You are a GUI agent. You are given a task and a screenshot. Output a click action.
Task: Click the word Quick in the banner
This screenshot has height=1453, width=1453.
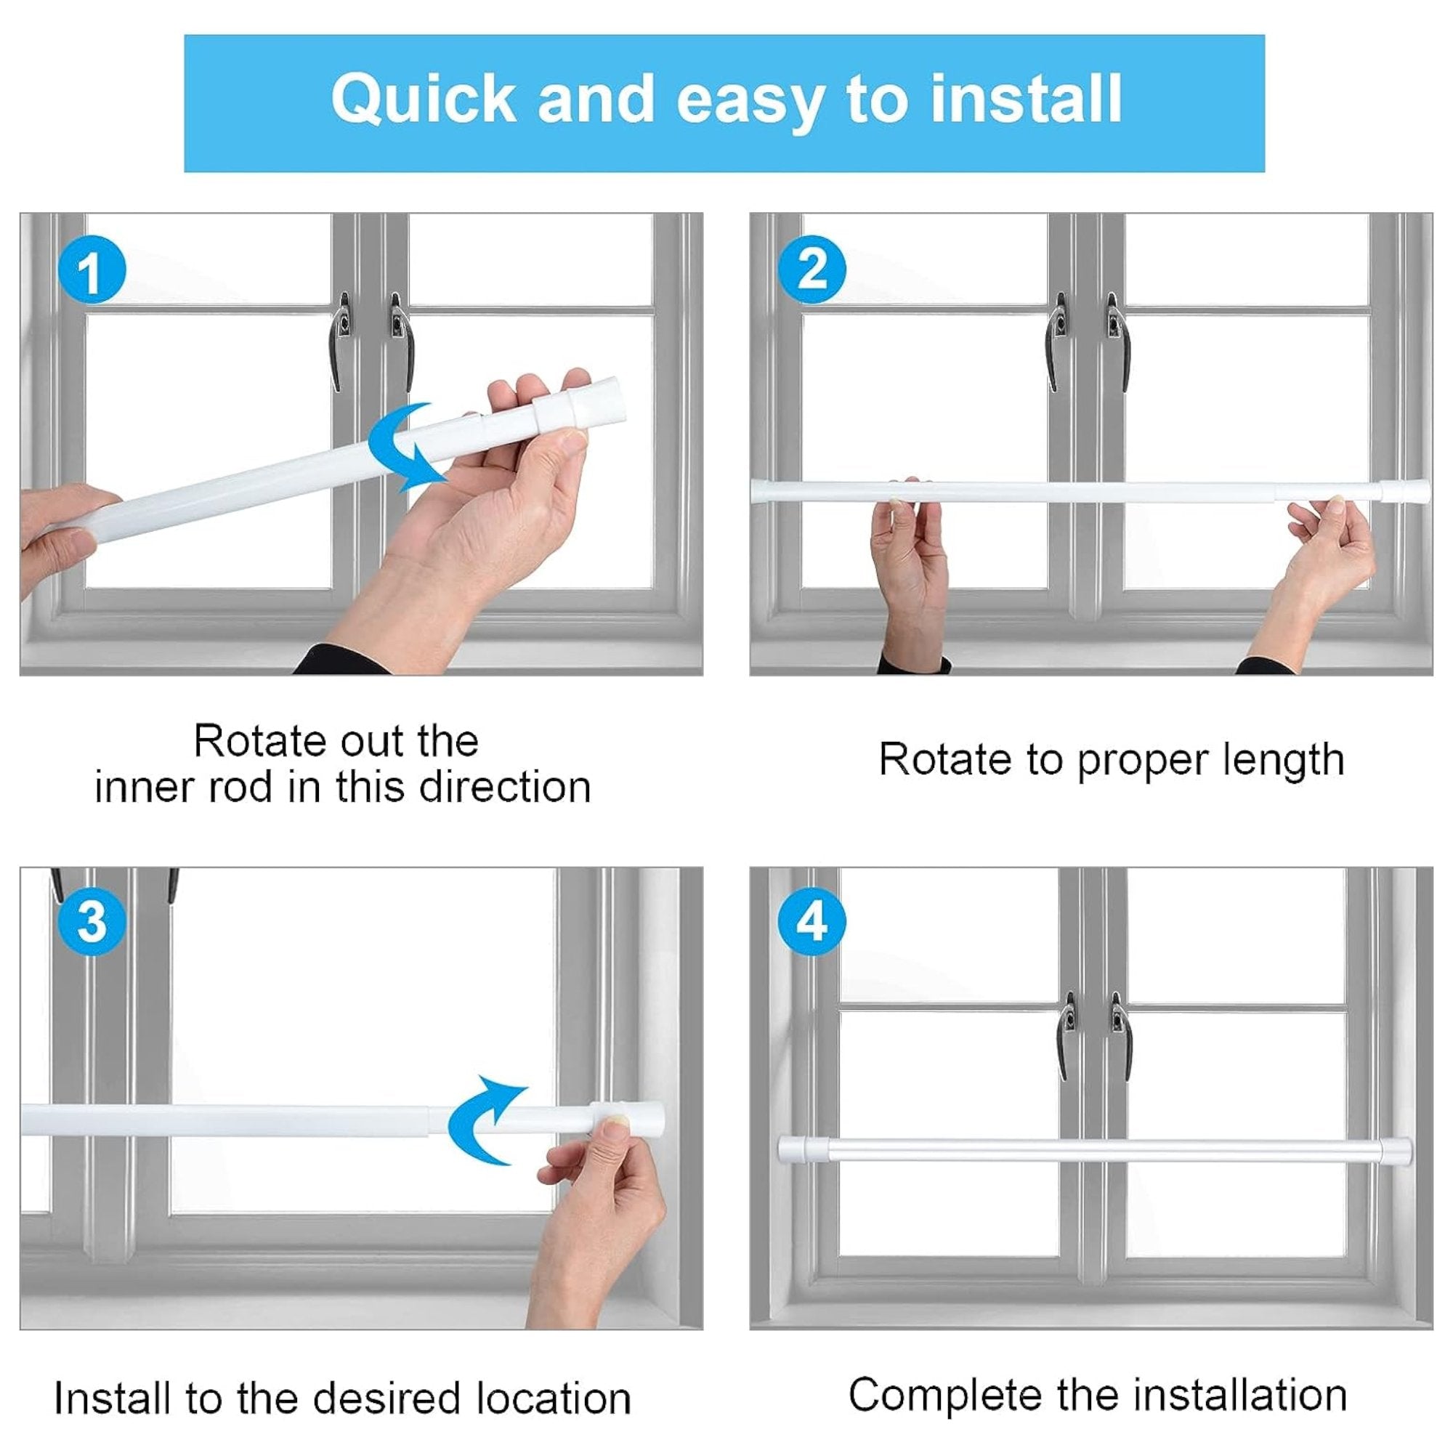(423, 100)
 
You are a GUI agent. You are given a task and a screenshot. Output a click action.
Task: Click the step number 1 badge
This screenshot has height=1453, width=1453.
(91, 270)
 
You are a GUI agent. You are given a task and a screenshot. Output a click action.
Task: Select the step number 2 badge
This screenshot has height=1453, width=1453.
(812, 270)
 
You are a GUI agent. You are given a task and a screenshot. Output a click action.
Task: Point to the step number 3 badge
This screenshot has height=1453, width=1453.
(91, 921)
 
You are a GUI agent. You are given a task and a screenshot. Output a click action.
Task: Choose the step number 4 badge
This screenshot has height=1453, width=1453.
(812, 921)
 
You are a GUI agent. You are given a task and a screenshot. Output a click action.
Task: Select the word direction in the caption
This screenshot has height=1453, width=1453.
(505, 788)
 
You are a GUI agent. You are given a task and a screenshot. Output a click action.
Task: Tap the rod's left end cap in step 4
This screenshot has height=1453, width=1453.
(794, 1149)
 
